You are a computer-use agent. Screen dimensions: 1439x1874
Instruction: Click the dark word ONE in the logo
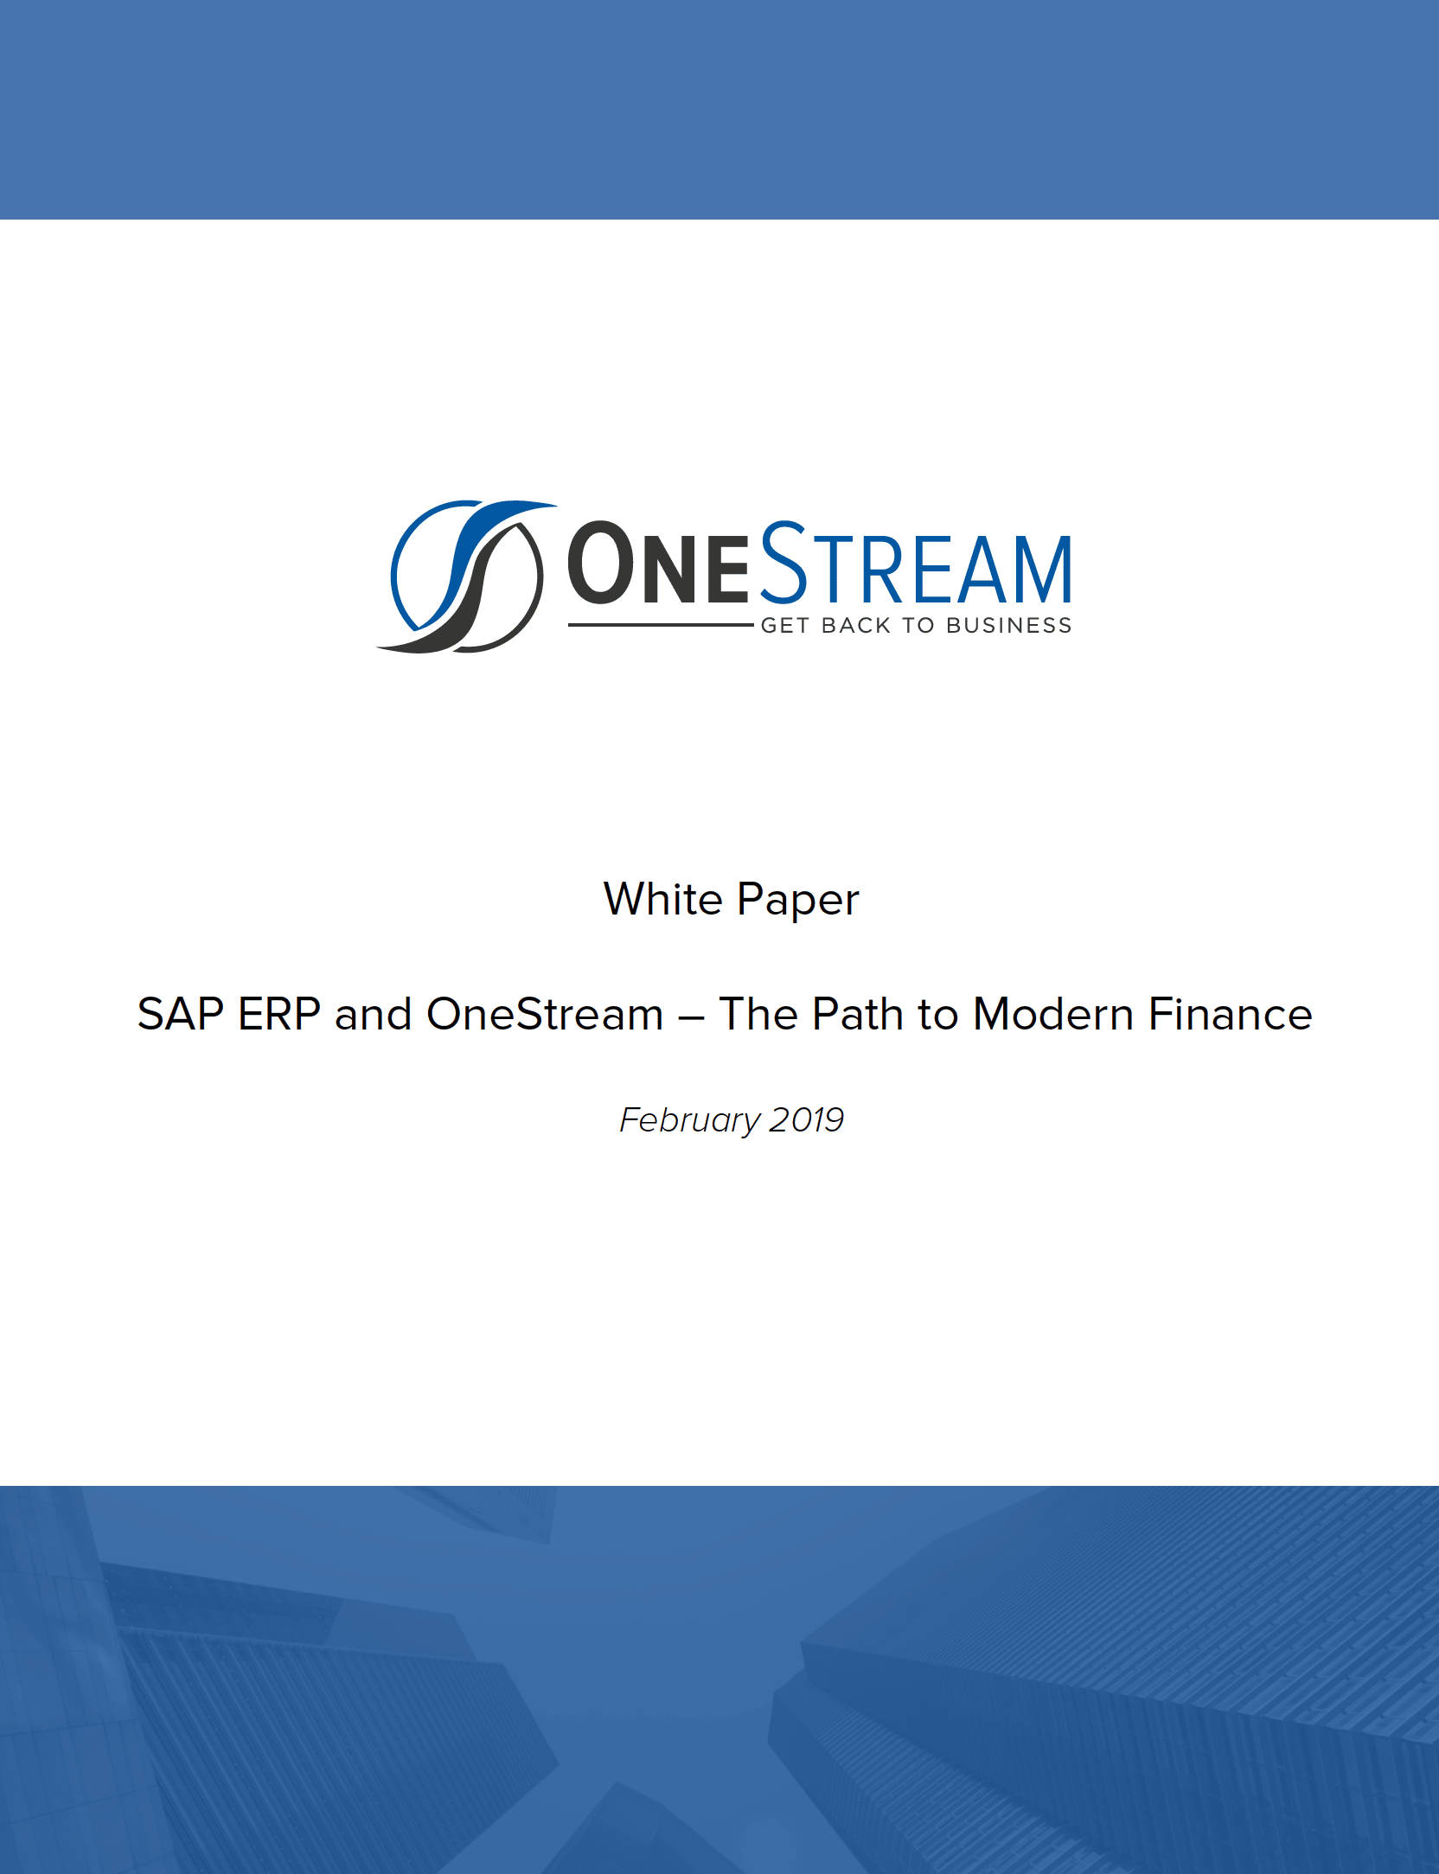pos(658,564)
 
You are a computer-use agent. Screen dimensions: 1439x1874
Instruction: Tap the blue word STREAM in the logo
pos(916,563)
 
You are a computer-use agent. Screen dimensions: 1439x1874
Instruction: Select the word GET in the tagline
pos(784,625)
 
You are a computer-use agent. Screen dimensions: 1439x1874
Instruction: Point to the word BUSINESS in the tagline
pos(1008,625)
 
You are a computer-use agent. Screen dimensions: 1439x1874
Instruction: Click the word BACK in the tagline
pos(856,625)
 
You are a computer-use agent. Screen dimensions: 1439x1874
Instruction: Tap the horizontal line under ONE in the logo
pos(661,625)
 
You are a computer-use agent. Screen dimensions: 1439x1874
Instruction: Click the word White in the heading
pos(663,899)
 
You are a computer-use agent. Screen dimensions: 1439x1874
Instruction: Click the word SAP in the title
pos(181,1014)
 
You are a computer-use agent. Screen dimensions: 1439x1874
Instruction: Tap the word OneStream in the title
pos(545,1014)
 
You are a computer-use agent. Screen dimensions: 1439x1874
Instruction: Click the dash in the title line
pos(691,1017)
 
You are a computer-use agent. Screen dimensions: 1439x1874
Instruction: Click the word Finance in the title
pos(1231,1014)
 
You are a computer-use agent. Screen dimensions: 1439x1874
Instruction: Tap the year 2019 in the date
pos(807,1120)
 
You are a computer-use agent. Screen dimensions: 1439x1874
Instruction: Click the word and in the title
pos(373,1014)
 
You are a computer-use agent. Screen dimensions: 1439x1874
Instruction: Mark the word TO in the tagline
pos(918,625)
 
